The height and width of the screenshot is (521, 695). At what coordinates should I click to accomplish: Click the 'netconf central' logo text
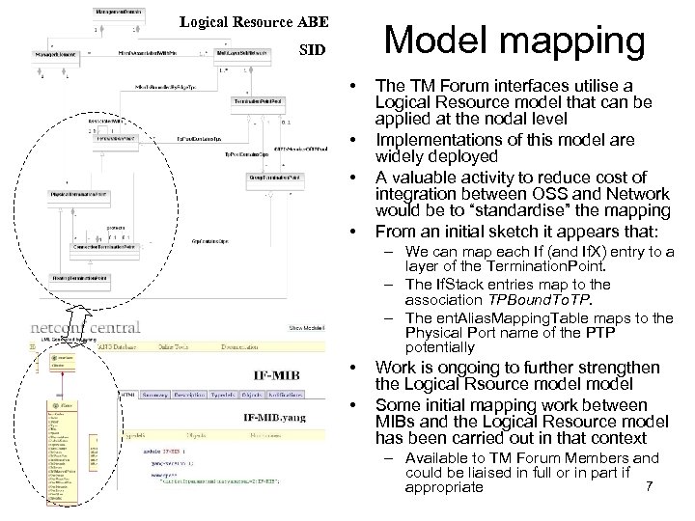(x=85, y=327)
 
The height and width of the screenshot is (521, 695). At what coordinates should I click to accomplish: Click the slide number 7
(x=649, y=486)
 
